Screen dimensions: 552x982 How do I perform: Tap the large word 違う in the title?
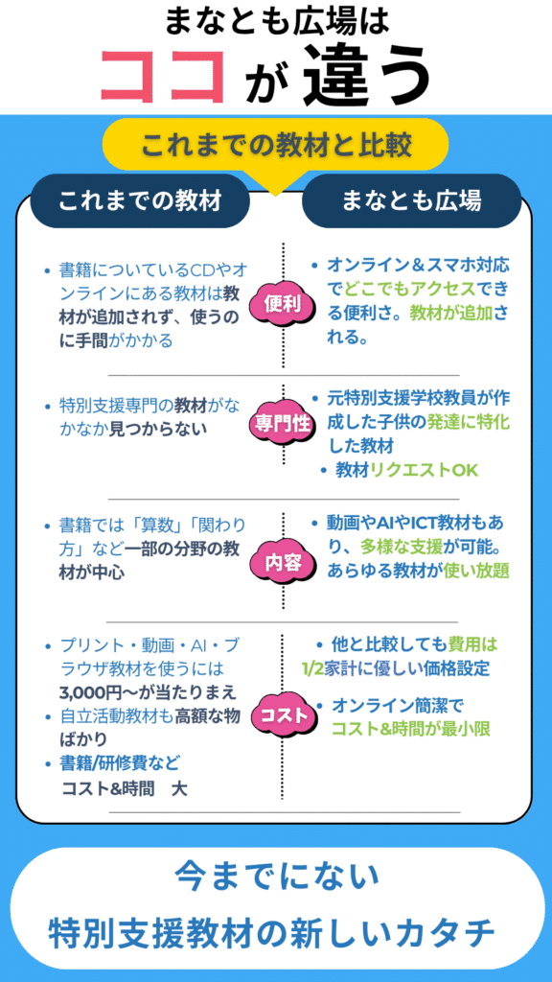point(367,77)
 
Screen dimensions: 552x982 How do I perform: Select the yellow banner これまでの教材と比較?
point(276,147)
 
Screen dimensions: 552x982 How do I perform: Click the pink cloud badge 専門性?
point(283,425)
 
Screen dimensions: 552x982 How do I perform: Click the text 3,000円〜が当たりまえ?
point(148,692)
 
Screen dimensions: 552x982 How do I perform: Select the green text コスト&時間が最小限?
point(410,729)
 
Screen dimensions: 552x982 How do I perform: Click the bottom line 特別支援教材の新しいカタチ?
point(275,934)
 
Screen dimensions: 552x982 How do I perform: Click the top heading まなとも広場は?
point(277,23)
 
